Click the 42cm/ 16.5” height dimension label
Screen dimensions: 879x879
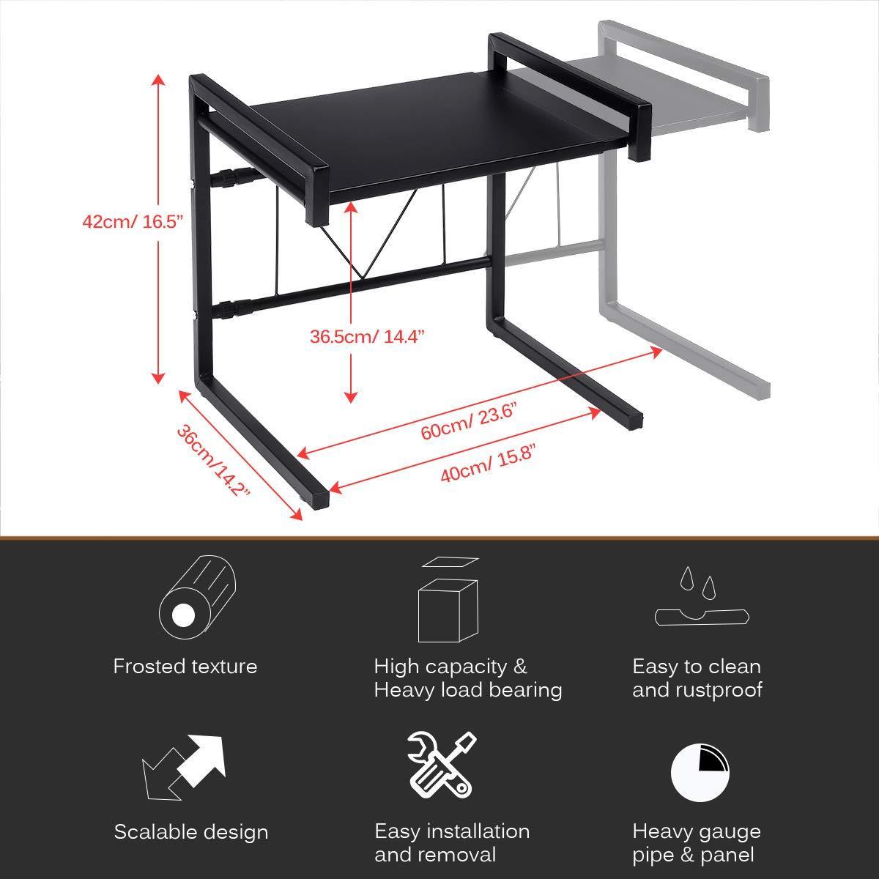point(133,223)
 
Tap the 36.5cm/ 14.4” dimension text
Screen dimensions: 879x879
point(367,337)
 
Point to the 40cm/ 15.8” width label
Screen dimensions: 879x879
point(488,464)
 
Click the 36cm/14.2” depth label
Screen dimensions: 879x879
point(213,460)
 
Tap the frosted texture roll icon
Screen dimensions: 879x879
point(198,598)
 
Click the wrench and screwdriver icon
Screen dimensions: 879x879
point(442,765)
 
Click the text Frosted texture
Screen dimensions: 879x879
point(185,667)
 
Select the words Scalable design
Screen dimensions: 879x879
point(191,833)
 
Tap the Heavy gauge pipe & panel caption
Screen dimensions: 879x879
point(697,844)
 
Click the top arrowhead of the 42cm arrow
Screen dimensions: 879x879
point(158,80)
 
